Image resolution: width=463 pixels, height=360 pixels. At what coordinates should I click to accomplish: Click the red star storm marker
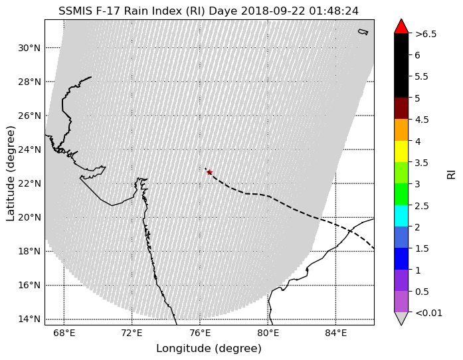[x=209, y=172]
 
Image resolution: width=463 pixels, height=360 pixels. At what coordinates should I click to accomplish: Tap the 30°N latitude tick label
[x=29, y=48]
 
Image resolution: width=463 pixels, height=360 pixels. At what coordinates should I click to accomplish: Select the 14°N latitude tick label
[x=29, y=319]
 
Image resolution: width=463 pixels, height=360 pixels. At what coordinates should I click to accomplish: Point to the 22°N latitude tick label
[x=29, y=184]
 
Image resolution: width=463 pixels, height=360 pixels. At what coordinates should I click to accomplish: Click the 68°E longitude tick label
[x=64, y=333]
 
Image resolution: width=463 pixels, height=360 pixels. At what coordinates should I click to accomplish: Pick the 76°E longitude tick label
[x=200, y=333]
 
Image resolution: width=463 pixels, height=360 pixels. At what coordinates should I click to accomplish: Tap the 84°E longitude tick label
[x=336, y=333]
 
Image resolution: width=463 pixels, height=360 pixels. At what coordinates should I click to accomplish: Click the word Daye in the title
[x=223, y=11]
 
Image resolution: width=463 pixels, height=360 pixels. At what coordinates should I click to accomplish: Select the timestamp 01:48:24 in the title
[x=334, y=11]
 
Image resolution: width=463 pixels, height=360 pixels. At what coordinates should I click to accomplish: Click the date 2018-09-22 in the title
[x=274, y=11]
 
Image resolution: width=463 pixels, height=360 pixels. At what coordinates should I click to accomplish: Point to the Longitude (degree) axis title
[x=209, y=349]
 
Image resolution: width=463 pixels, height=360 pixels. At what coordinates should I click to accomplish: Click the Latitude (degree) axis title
[x=11, y=173]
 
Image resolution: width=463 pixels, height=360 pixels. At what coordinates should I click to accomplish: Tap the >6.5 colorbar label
[x=426, y=35]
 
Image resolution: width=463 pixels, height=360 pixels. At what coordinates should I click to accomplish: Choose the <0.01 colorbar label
[x=428, y=313]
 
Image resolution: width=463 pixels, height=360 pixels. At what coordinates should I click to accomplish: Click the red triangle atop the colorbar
[x=401, y=27]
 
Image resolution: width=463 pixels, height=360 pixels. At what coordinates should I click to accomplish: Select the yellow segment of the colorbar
[x=401, y=151]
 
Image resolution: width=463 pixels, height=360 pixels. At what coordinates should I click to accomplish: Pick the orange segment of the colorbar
[x=401, y=130]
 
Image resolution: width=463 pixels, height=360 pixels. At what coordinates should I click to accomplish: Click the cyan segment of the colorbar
[x=401, y=216]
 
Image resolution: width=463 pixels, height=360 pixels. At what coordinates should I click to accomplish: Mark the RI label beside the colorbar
[x=451, y=174]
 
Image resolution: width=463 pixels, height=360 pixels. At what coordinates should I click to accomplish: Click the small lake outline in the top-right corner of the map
[x=363, y=32]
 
